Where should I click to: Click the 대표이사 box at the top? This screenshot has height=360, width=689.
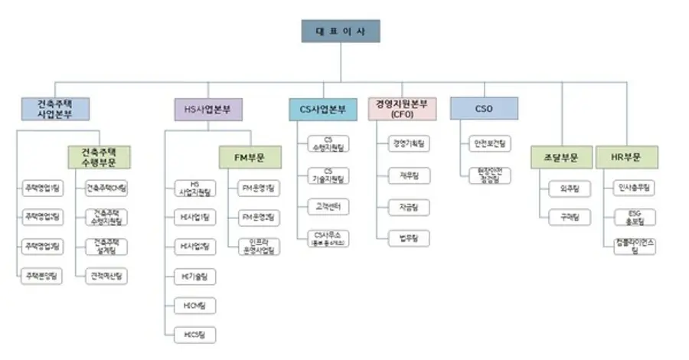tap(341, 31)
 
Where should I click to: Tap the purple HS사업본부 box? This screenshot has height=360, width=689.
tap(208, 109)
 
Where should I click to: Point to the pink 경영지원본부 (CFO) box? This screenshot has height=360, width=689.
tap(402, 108)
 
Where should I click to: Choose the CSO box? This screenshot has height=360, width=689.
tap(484, 109)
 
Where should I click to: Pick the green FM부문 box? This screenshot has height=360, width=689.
tap(250, 157)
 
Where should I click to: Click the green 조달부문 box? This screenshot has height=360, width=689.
tap(563, 157)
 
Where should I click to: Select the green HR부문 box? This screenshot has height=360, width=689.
tap(626, 157)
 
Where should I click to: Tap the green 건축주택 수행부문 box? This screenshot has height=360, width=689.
tap(100, 157)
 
